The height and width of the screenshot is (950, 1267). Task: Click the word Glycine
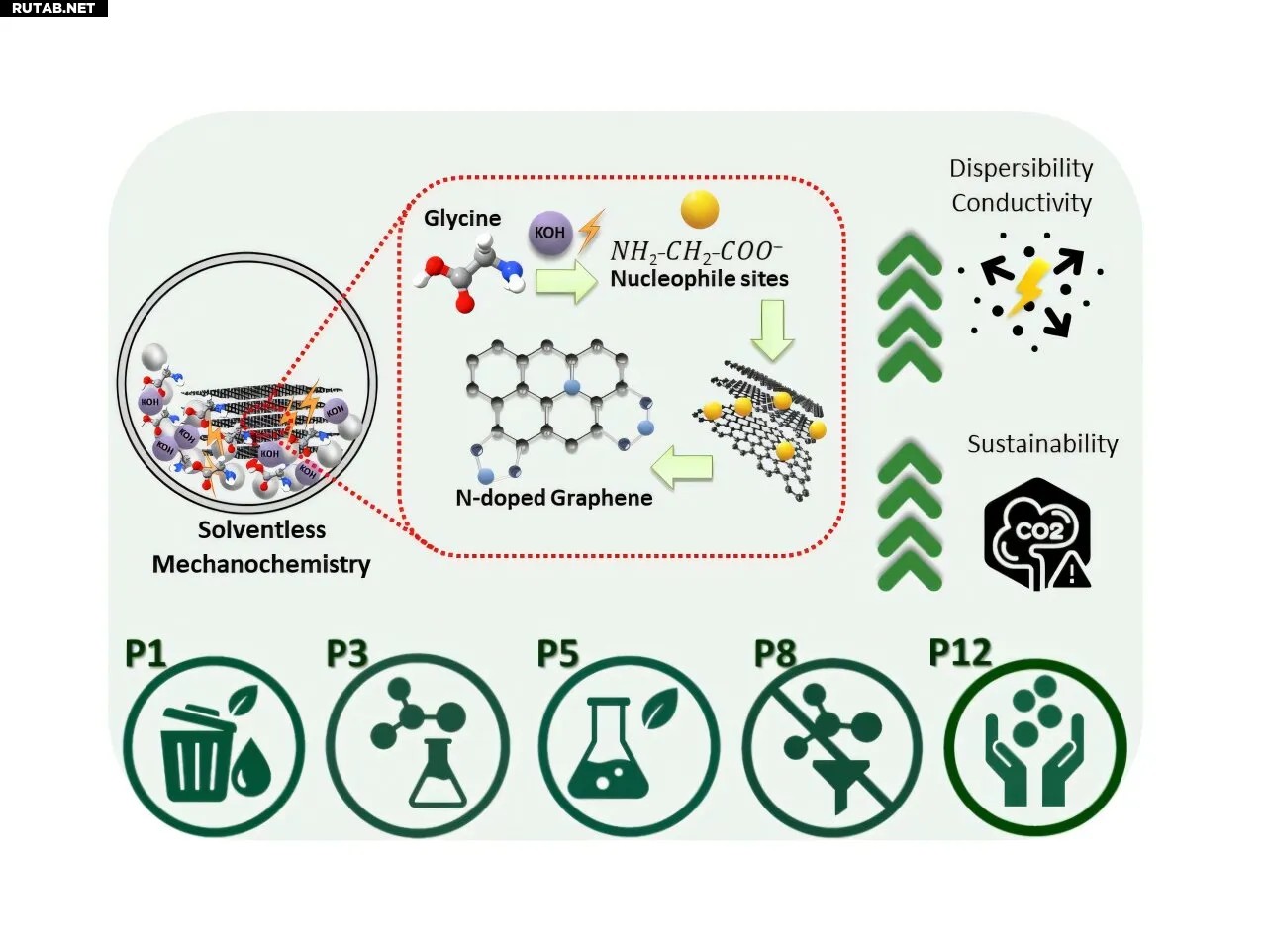coord(462,218)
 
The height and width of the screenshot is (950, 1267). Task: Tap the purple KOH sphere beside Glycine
coord(549,233)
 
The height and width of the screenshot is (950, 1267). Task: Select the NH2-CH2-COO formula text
coord(696,251)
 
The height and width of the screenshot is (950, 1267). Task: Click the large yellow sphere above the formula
coord(700,209)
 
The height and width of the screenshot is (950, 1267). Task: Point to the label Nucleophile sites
coord(699,279)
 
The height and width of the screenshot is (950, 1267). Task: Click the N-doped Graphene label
coord(553,498)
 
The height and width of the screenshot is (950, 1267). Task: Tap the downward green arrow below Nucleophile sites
coord(772,330)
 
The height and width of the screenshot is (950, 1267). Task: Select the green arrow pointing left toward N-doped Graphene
coord(681,467)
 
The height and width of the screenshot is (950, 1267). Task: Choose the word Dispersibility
coord(1021,168)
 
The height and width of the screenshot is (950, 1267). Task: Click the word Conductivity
coord(1022,203)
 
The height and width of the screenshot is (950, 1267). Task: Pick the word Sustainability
coord(1042,444)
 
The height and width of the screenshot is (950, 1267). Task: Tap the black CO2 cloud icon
coord(1037,534)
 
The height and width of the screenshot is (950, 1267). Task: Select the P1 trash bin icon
coord(213,747)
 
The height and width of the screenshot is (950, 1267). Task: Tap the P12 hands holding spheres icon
coord(1035,747)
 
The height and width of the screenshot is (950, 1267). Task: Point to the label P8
coord(775,654)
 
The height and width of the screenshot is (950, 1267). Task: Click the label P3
coord(347,654)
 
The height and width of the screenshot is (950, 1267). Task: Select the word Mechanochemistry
coord(261,564)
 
